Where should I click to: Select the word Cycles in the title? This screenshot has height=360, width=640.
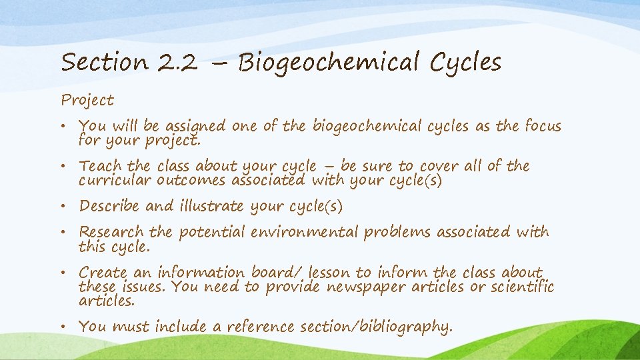tap(465, 63)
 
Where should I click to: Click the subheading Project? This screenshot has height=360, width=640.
tap(87, 101)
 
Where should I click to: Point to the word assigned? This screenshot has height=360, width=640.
tap(195, 127)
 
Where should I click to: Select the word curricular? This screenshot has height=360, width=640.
tap(115, 181)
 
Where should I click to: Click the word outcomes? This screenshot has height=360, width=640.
tap(190, 181)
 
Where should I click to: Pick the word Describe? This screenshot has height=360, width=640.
tap(110, 207)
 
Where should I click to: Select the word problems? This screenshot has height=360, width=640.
tap(397, 233)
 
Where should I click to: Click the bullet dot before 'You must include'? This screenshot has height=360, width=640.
tap(70, 327)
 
